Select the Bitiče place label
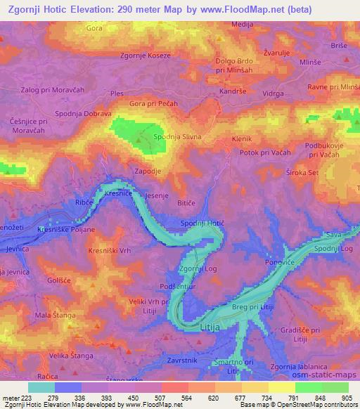click(186, 202)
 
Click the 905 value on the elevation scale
click(347, 398)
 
